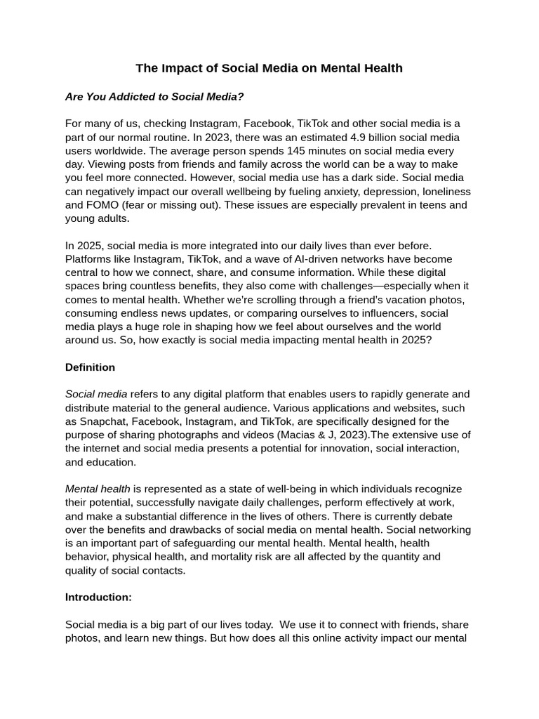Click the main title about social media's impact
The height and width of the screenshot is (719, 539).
[x=269, y=68]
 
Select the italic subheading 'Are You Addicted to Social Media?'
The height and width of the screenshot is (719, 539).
[x=154, y=96]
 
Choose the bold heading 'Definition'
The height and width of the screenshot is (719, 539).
[x=90, y=367]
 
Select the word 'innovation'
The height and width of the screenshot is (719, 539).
[x=302, y=448]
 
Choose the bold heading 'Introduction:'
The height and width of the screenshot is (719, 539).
[x=98, y=598]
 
